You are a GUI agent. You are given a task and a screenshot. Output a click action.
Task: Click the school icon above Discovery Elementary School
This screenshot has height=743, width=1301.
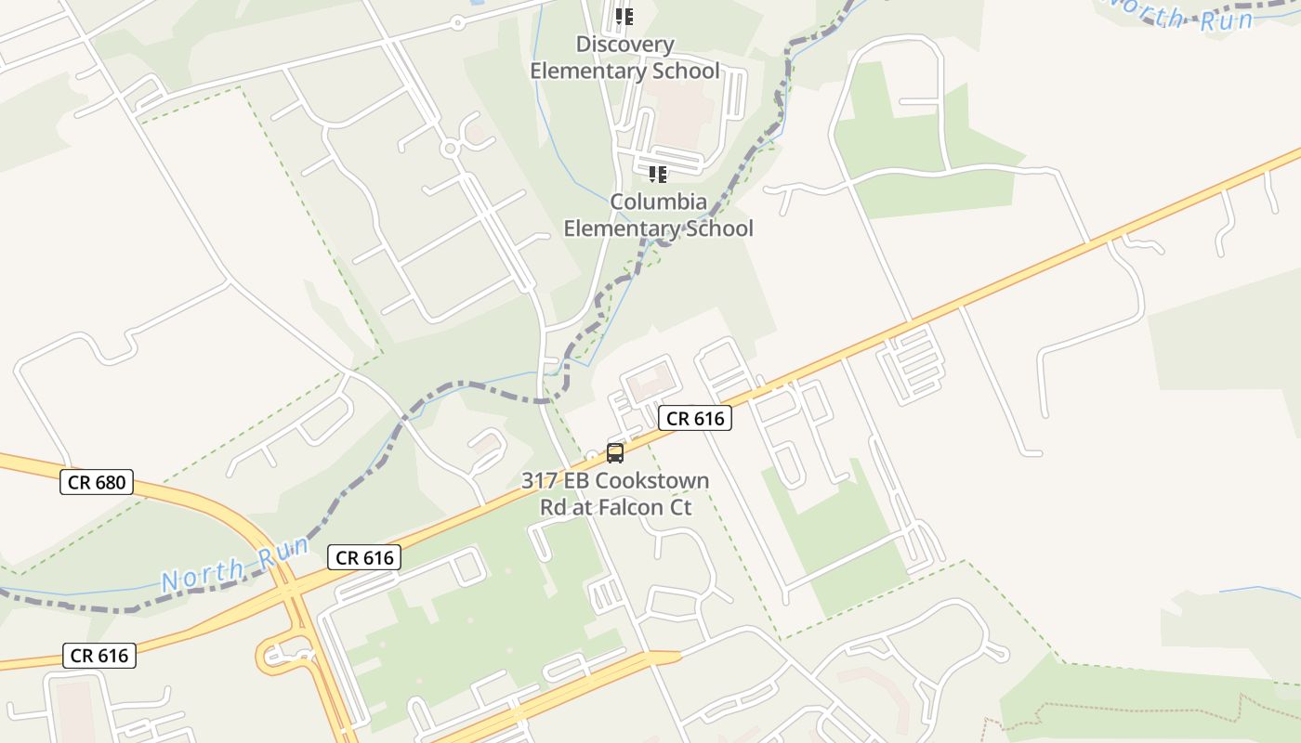[624, 17]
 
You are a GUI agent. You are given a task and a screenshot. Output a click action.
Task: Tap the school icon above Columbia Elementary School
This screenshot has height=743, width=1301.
[658, 174]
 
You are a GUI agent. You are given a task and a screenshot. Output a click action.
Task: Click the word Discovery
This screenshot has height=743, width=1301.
[624, 45]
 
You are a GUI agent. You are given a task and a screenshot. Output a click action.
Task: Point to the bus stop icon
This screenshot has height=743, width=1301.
[614, 453]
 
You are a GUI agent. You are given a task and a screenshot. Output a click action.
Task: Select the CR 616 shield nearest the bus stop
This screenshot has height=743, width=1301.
[695, 419]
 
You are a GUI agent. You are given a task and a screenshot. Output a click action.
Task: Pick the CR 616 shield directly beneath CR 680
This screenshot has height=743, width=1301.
[100, 656]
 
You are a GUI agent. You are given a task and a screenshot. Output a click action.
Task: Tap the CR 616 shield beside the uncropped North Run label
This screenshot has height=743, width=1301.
[364, 557]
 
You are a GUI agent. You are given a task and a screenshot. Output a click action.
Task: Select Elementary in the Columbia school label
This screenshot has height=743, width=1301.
[616, 228]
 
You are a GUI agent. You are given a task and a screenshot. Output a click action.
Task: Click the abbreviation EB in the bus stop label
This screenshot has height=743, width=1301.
[574, 481]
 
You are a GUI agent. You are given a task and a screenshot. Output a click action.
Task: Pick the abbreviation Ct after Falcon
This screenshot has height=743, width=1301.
[680, 508]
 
